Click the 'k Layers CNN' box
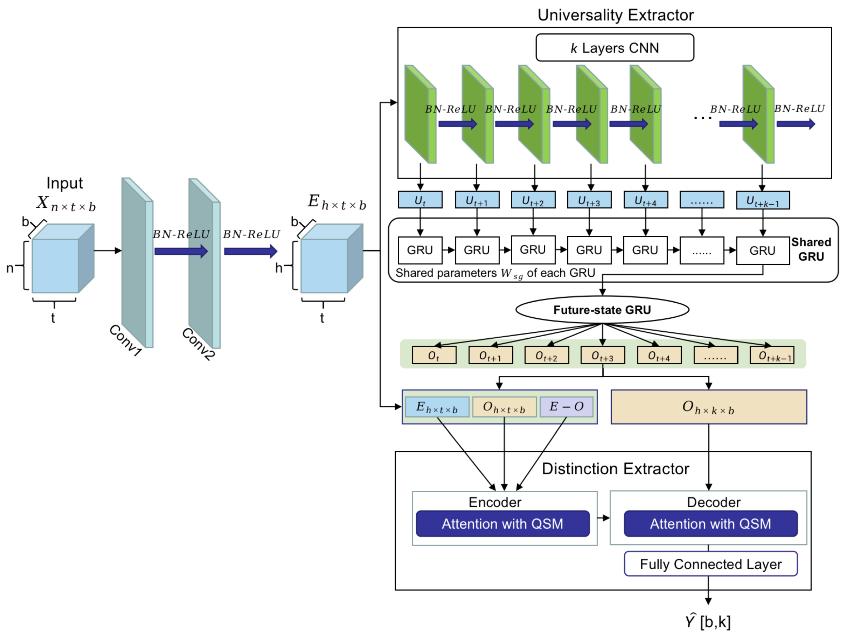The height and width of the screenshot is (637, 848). tap(614, 48)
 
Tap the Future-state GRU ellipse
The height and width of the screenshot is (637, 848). tap(602, 310)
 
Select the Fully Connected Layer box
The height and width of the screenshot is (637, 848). tap(711, 564)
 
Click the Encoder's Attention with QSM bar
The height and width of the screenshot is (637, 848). tap(502, 524)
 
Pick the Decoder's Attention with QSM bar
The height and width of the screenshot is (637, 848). tap(711, 524)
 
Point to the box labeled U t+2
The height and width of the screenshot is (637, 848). tap(533, 200)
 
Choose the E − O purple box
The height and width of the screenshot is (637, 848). tap(566, 406)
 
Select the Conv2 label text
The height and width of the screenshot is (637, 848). tap(198, 344)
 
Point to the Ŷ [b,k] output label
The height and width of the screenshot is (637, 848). tap(708, 621)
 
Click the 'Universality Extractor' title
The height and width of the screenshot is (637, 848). tap(615, 15)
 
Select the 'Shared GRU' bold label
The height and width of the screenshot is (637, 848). tap(811, 249)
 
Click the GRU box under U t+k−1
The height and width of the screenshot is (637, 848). tap(762, 250)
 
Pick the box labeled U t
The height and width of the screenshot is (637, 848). tap(420, 200)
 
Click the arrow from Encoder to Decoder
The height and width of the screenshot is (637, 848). tap(603, 518)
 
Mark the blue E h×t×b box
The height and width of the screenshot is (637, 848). tap(437, 406)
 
